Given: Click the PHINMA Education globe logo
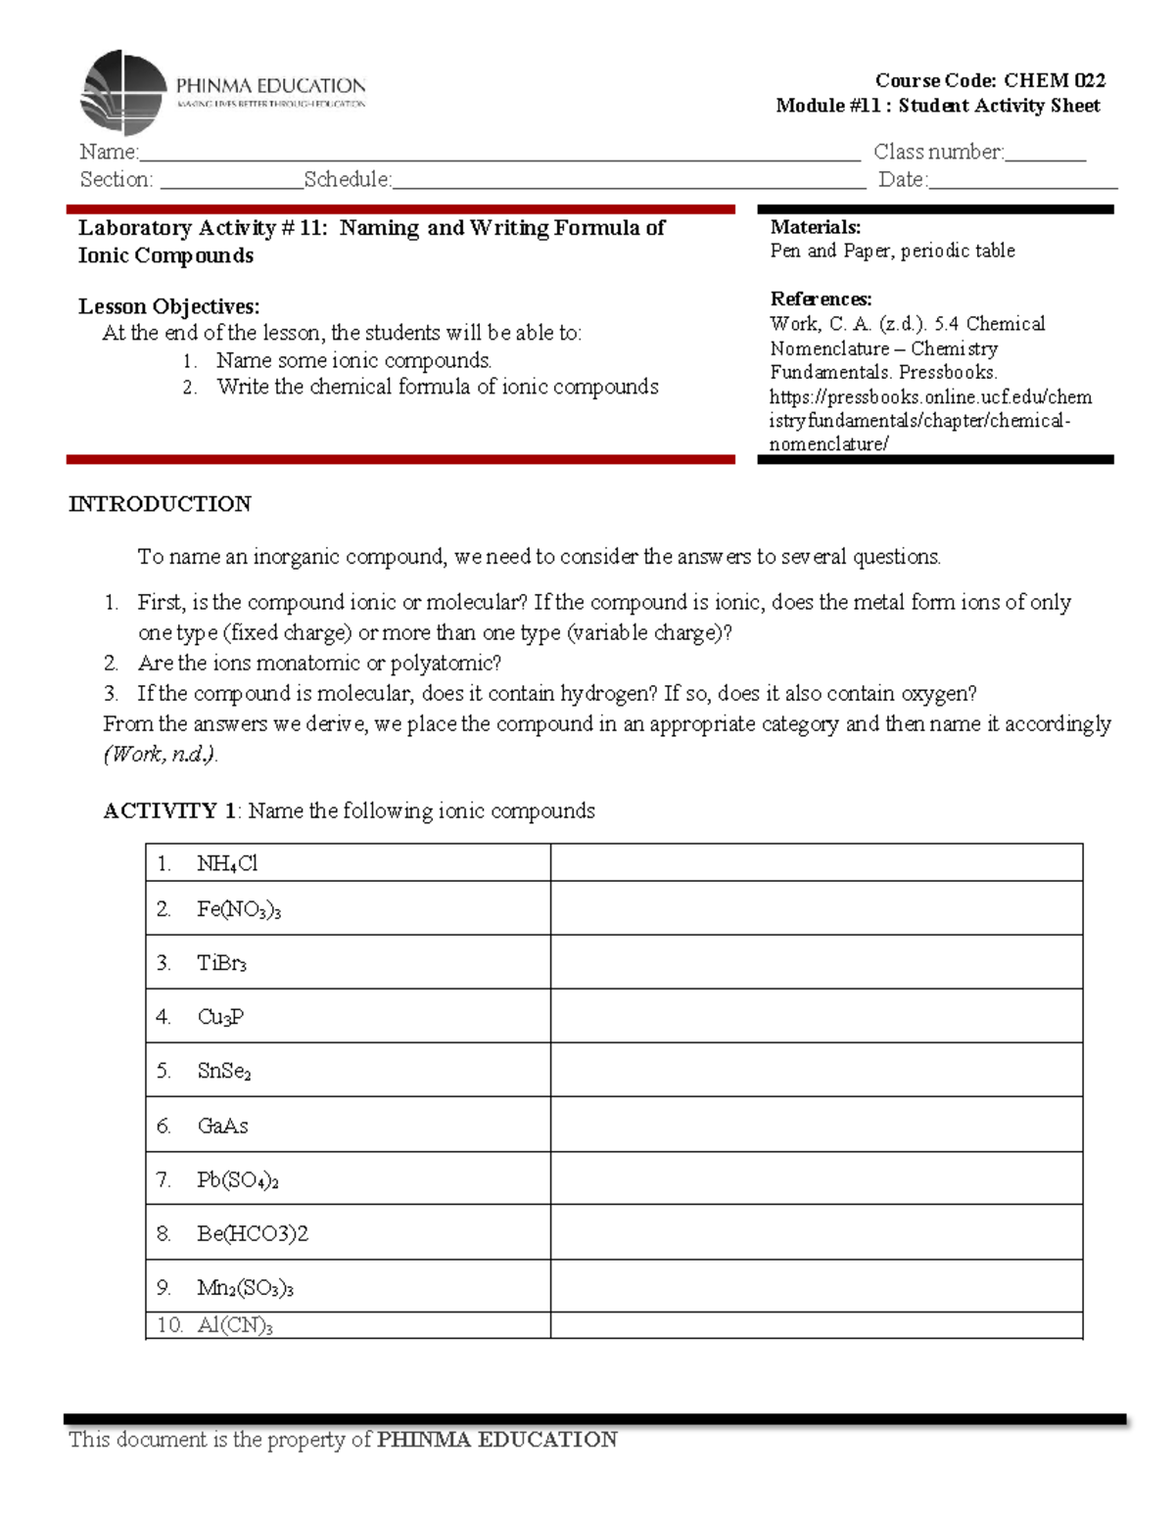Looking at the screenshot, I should tap(124, 92).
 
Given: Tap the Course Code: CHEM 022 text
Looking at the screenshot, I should tap(990, 80).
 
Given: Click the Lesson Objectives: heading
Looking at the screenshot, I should tap(168, 306).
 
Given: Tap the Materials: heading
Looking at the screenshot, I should tap(815, 227).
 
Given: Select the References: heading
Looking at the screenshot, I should tap(821, 299).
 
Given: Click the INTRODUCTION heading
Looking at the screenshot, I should tap(160, 504).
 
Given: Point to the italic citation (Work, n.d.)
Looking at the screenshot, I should tap(161, 755).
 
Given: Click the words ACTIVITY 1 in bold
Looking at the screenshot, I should tap(169, 810).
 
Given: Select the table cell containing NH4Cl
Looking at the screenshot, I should tap(348, 863).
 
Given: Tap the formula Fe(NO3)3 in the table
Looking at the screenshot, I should tap(238, 909).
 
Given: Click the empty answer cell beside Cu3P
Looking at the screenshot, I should tap(816, 1016).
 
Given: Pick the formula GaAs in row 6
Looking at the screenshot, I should tap(222, 1126).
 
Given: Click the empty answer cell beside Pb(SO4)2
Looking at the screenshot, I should tap(816, 1178).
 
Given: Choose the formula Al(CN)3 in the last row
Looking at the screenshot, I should tap(235, 1325).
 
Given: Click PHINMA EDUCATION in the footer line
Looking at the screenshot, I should tap(496, 1440).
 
